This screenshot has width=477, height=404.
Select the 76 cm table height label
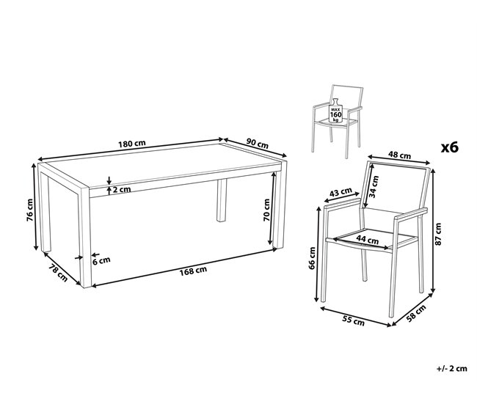tap(30, 210)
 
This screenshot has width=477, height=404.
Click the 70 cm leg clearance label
tap(269, 210)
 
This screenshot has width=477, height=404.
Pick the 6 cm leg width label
tap(101, 260)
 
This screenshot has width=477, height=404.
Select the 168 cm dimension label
tap(192, 271)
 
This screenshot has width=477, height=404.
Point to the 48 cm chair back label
tap(398, 155)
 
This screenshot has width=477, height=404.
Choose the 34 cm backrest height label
tap(374, 187)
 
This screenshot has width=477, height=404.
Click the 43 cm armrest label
tap(341, 193)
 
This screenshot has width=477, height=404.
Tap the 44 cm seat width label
tap(361, 238)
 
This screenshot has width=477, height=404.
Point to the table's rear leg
tap(221, 202)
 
